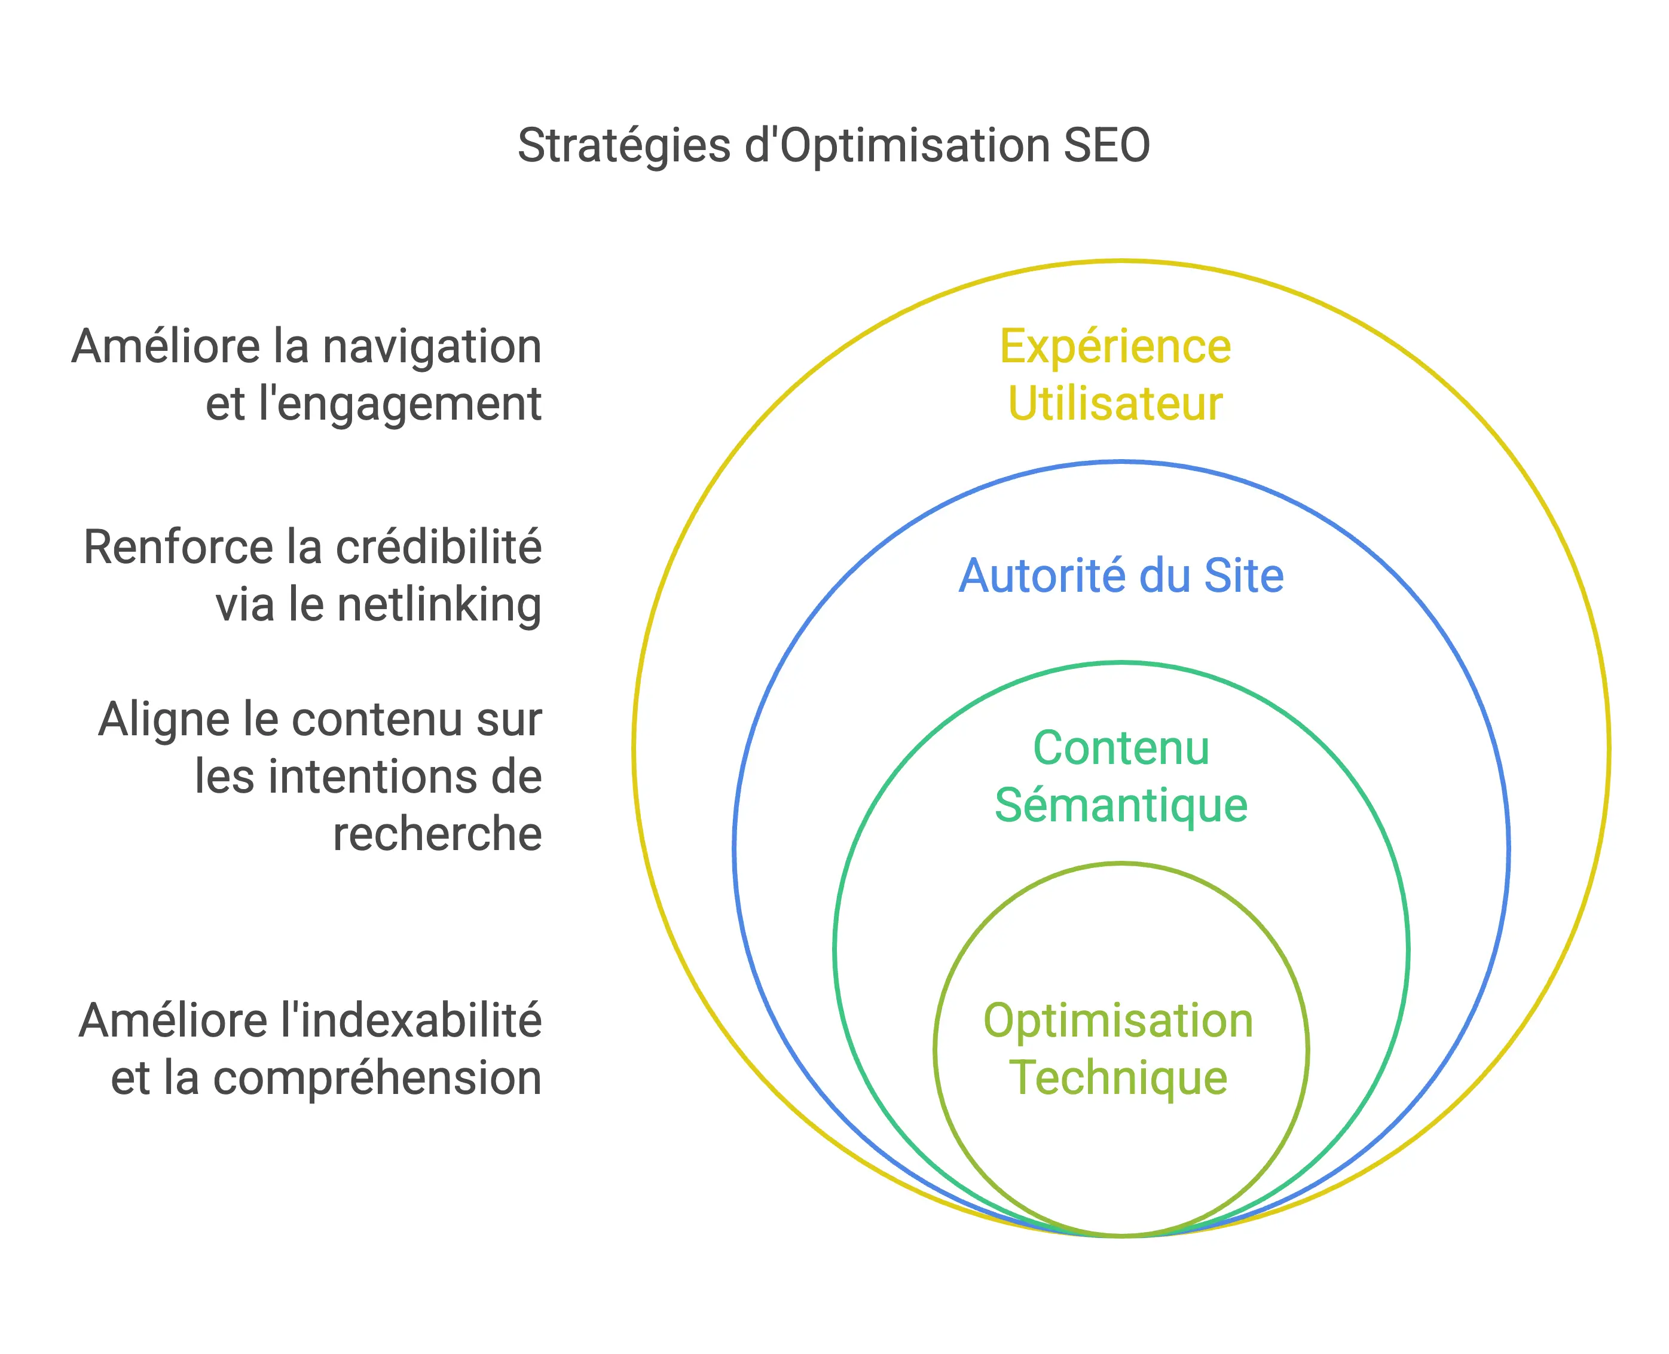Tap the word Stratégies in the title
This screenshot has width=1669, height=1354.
(624, 146)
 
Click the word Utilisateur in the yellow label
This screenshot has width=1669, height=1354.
(1115, 404)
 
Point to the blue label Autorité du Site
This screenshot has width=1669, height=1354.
(1121, 576)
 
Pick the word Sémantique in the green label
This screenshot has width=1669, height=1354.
(1121, 806)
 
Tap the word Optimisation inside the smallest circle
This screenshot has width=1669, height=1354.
(1118, 1020)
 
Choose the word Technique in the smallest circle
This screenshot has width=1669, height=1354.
(1118, 1078)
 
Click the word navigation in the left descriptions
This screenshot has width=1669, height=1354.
(432, 347)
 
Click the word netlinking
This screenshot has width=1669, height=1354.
(439, 604)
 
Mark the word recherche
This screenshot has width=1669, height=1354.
(437, 834)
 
